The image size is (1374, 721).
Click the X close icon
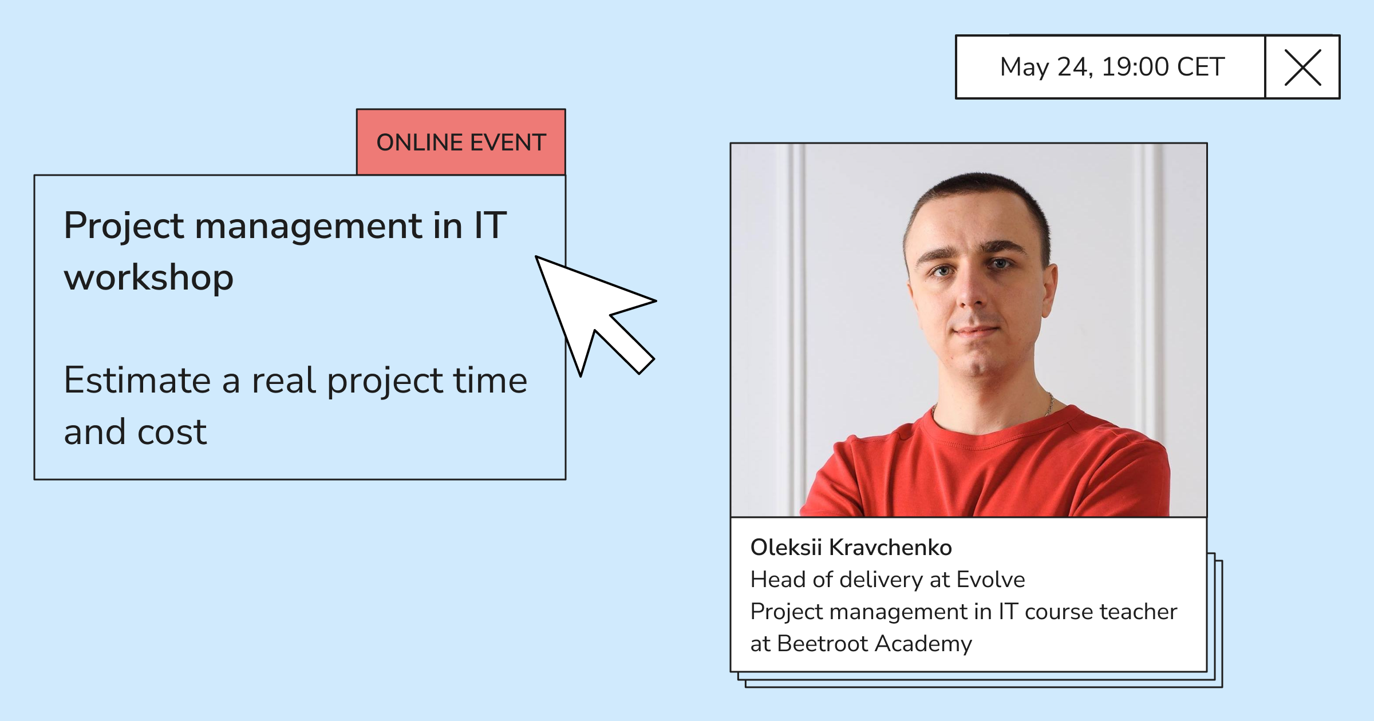click(x=1302, y=68)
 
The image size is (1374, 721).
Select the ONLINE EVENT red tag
click(x=461, y=142)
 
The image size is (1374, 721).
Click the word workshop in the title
click(x=149, y=278)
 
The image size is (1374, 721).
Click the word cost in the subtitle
click(x=172, y=433)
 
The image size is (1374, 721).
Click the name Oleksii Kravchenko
click(x=851, y=548)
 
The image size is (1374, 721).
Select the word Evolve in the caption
click(x=990, y=580)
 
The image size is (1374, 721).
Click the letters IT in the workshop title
click(x=490, y=225)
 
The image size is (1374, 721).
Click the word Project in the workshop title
click(x=124, y=227)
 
